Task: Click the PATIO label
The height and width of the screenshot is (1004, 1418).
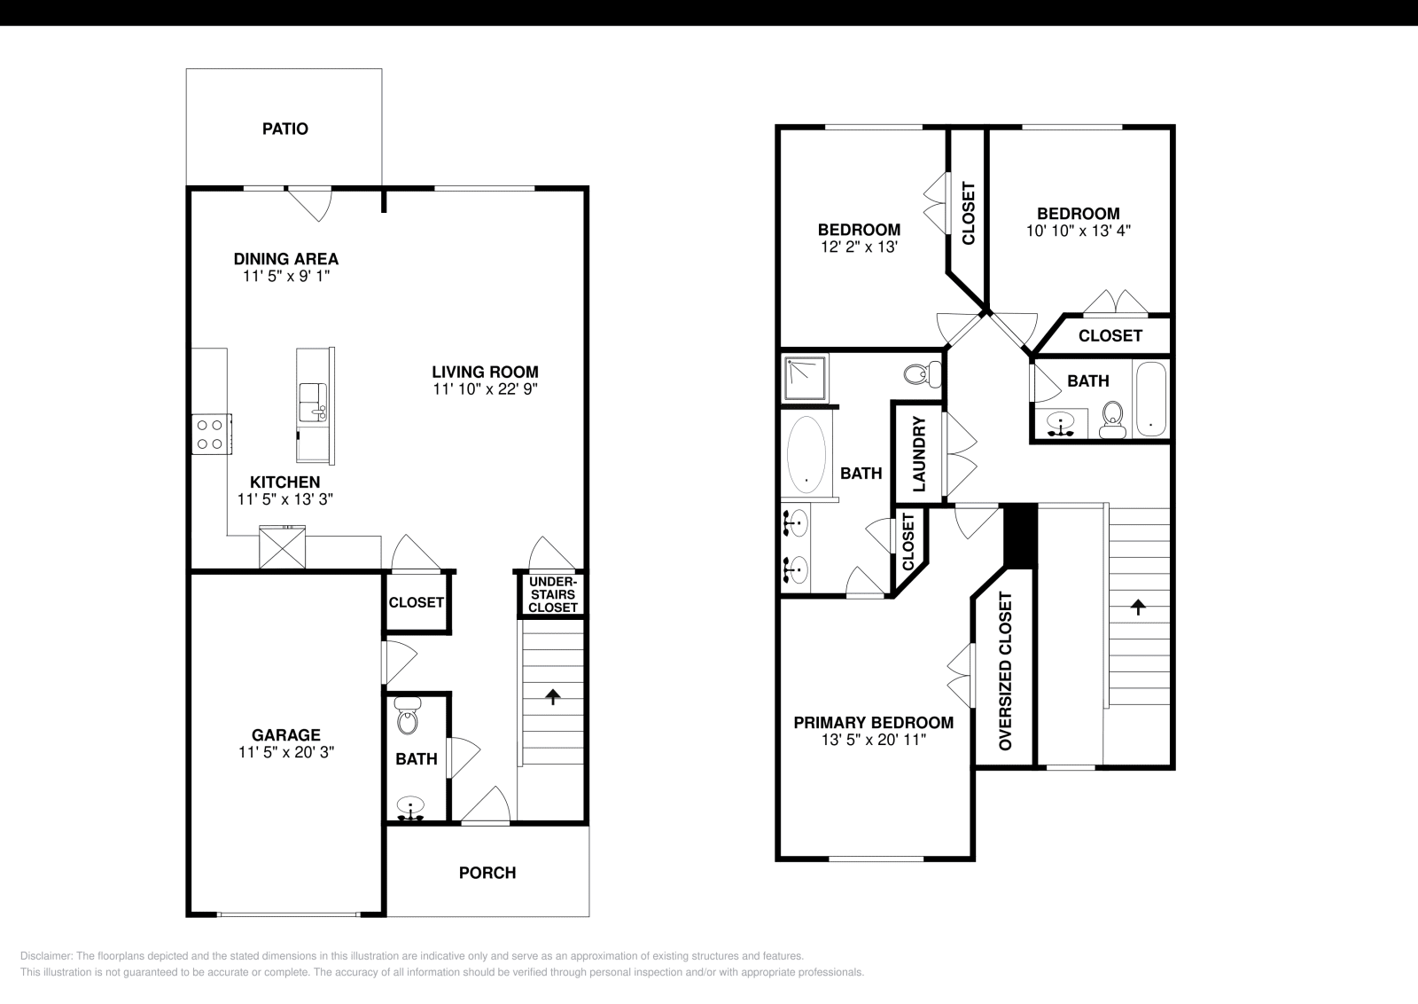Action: tap(284, 129)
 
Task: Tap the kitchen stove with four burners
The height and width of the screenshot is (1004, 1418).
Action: tap(211, 435)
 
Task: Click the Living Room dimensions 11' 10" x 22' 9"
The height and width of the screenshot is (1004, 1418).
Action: tap(485, 389)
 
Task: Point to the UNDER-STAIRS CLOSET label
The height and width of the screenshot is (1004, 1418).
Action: tap(552, 594)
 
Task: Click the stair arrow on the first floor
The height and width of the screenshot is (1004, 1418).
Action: tap(553, 696)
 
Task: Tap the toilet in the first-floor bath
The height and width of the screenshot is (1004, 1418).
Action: tap(407, 718)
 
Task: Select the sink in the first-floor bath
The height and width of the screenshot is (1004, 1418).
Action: tap(410, 808)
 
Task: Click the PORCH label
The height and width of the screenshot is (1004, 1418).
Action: tap(487, 873)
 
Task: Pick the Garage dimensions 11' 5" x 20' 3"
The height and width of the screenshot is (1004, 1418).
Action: tap(285, 752)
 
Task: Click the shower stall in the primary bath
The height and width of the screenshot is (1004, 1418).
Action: tap(806, 378)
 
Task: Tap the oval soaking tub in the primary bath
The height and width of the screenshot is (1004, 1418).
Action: tap(806, 454)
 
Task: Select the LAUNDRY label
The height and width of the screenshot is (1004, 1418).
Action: tap(919, 454)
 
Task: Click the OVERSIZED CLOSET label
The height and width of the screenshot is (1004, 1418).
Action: tap(1005, 671)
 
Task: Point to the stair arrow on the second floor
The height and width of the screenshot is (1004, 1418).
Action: tap(1137, 608)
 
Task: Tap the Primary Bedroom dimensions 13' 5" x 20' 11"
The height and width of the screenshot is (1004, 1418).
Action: tap(873, 740)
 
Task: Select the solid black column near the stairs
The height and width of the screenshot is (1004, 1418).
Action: tap(1019, 535)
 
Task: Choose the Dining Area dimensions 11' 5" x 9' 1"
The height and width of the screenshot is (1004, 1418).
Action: tap(285, 277)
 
